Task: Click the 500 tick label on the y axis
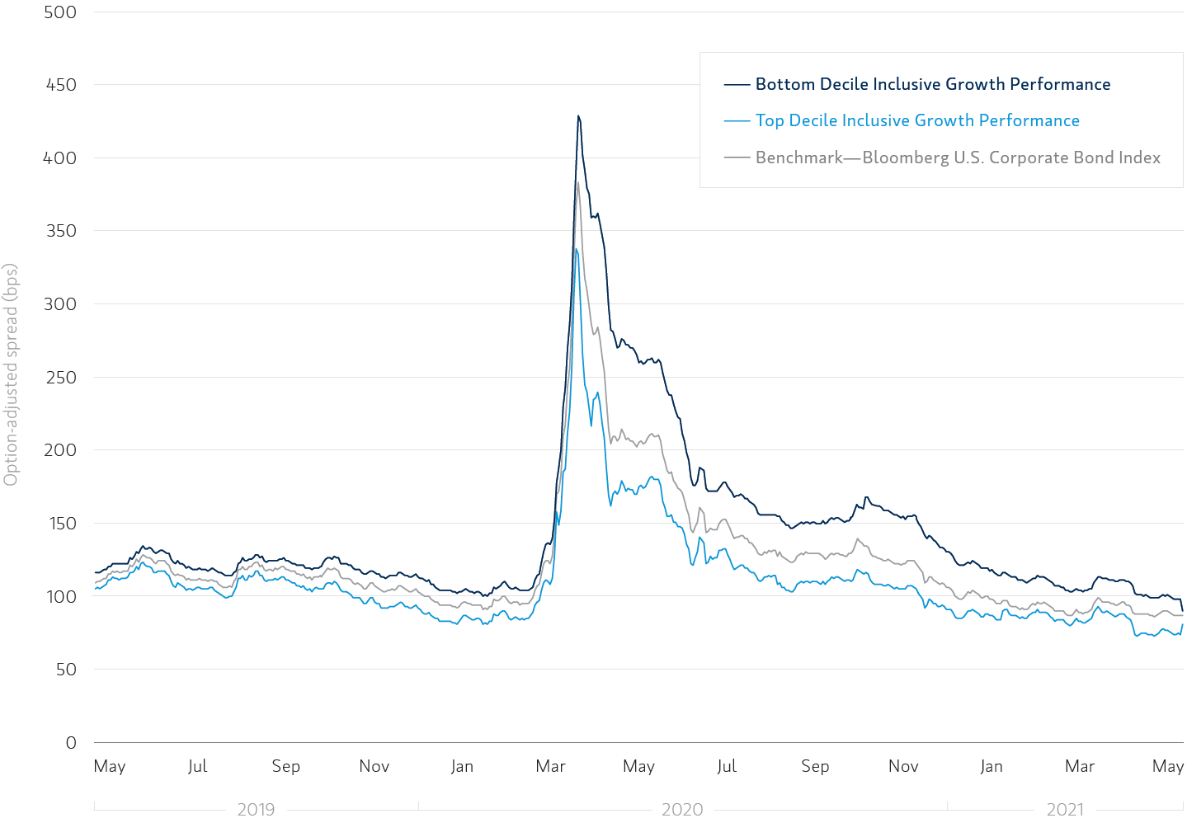pyautogui.click(x=60, y=12)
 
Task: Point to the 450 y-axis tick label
pyautogui.click(x=60, y=85)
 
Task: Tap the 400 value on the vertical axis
pyautogui.click(x=60, y=158)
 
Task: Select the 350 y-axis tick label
pyautogui.click(x=60, y=231)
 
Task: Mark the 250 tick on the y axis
pyautogui.click(x=60, y=378)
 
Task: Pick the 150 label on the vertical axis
pyautogui.click(x=60, y=524)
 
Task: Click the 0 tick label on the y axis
pyautogui.click(x=71, y=743)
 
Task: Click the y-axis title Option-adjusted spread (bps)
pyautogui.click(x=11, y=375)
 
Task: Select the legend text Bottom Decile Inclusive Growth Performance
pyautogui.click(x=933, y=84)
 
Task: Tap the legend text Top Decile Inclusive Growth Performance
pyautogui.click(x=917, y=120)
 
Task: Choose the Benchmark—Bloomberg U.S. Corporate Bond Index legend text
pyautogui.click(x=958, y=157)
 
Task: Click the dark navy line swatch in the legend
pyautogui.click(x=737, y=84)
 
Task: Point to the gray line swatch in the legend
pyautogui.click(x=737, y=157)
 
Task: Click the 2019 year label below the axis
pyautogui.click(x=256, y=809)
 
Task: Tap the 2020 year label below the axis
pyautogui.click(x=682, y=809)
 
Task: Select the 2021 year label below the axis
pyautogui.click(x=1065, y=809)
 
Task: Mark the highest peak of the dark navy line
pyautogui.click(x=578, y=116)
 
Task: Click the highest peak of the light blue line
pyautogui.click(x=576, y=249)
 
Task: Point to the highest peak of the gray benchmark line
pyautogui.click(x=577, y=183)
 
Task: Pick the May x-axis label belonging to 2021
pyautogui.click(x=1168, y=766)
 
